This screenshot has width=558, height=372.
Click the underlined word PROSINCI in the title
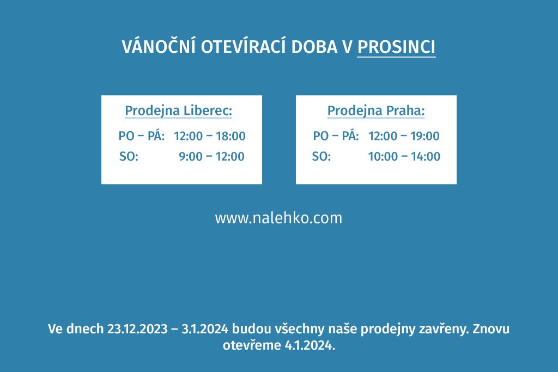396,47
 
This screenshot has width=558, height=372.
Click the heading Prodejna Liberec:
178,111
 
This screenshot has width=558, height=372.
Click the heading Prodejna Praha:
376,111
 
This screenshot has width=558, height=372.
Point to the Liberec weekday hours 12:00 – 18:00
210,136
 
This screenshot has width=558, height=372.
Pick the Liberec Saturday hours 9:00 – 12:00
211,156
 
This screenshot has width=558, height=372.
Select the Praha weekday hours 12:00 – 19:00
404,136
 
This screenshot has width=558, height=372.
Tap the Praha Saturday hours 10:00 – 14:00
404,156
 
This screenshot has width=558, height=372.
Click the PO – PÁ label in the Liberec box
142,135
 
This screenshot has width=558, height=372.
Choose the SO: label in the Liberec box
129,156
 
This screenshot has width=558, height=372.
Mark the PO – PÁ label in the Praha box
336,135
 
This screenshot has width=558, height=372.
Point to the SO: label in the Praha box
322,156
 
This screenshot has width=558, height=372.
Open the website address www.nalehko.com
278,218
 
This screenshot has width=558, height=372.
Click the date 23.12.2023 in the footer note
137,329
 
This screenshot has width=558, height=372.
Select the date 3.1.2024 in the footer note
205,329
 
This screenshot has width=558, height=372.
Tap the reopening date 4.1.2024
310,345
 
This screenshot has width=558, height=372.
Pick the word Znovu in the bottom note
491,329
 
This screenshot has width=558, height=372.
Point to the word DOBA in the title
314,47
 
